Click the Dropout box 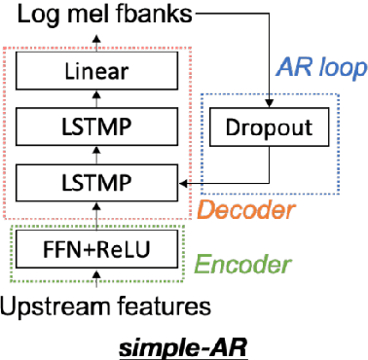click(263, 127)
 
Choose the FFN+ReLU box click(96, 250)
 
